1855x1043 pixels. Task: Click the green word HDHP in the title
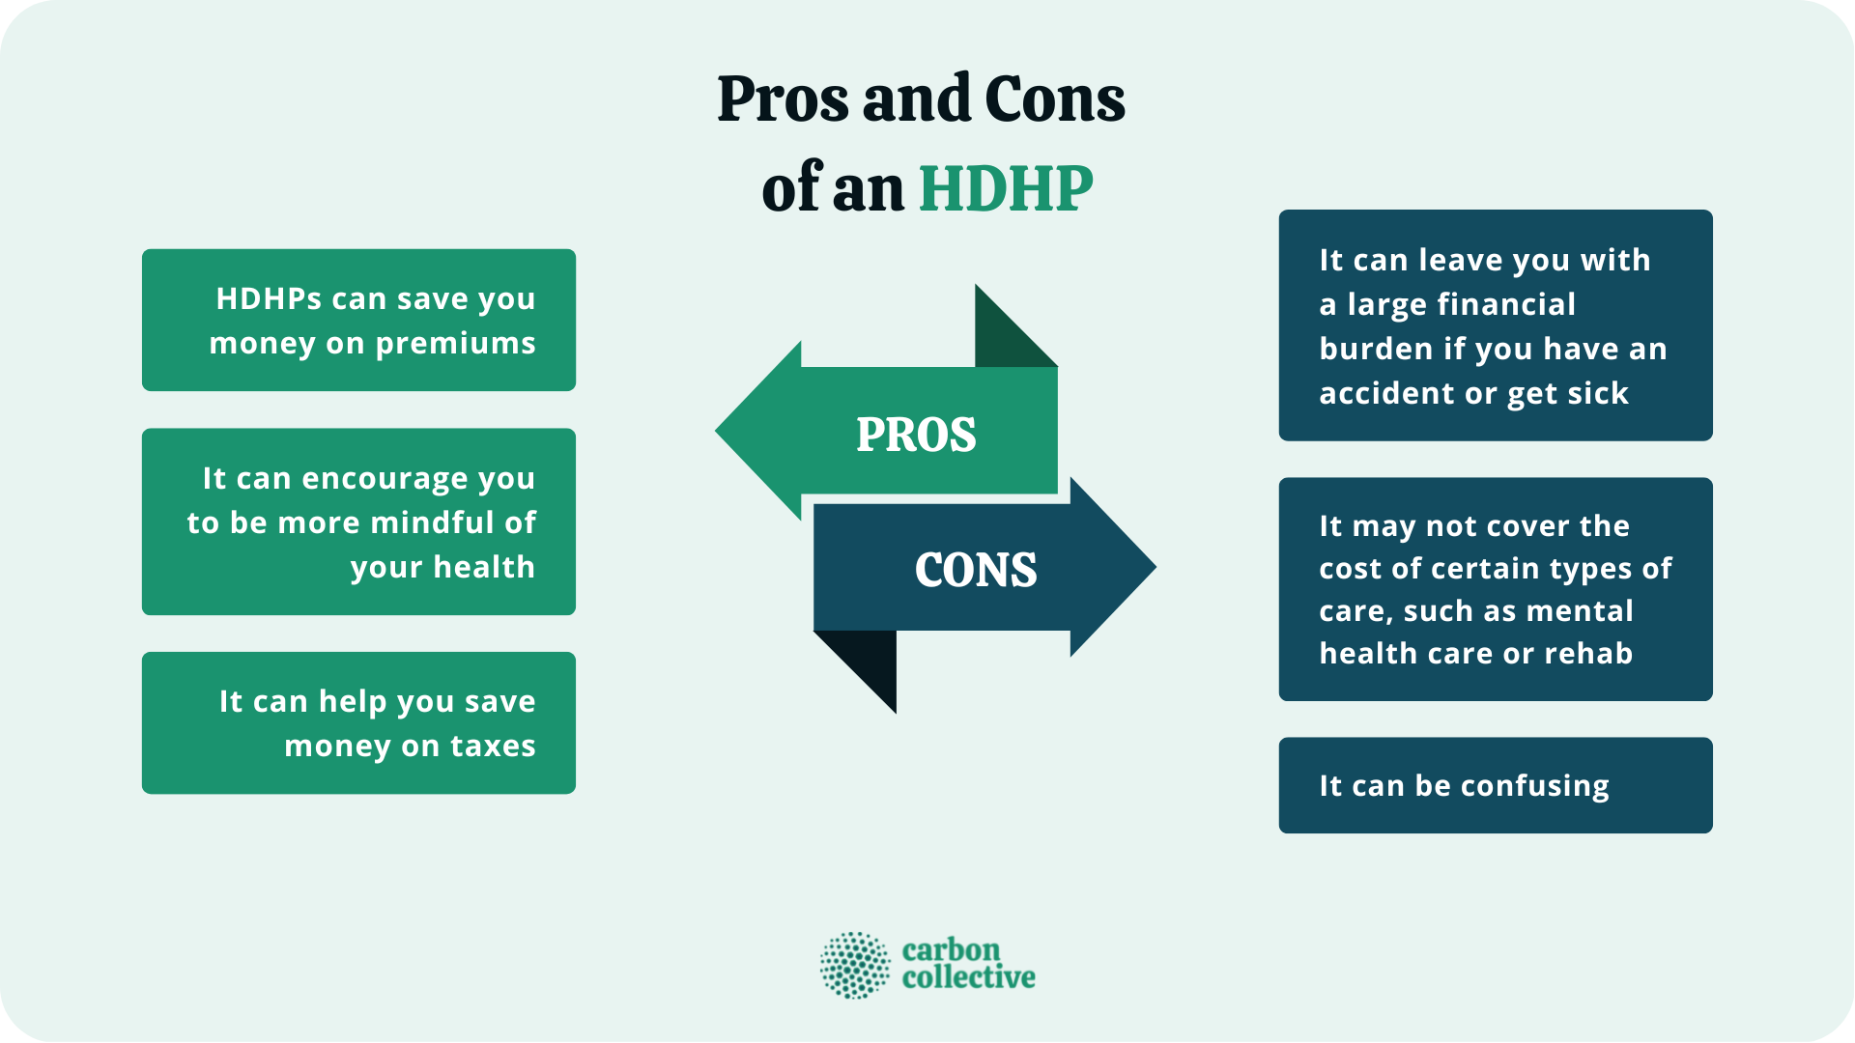click(x=1006, y=188)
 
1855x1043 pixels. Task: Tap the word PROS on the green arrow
click(x=916, y=435)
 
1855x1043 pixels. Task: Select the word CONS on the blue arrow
click(x=976, y=570)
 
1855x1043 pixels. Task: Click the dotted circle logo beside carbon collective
click(x=855, y=965)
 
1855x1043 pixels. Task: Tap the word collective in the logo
click(x=968, y=978)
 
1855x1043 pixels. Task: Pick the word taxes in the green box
click(x=493, y=746)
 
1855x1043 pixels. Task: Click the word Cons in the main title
click(x=1055, y=99)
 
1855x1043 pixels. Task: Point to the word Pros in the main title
click(x=784, y=99)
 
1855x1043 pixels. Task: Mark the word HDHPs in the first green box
click(x=269, y=299)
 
